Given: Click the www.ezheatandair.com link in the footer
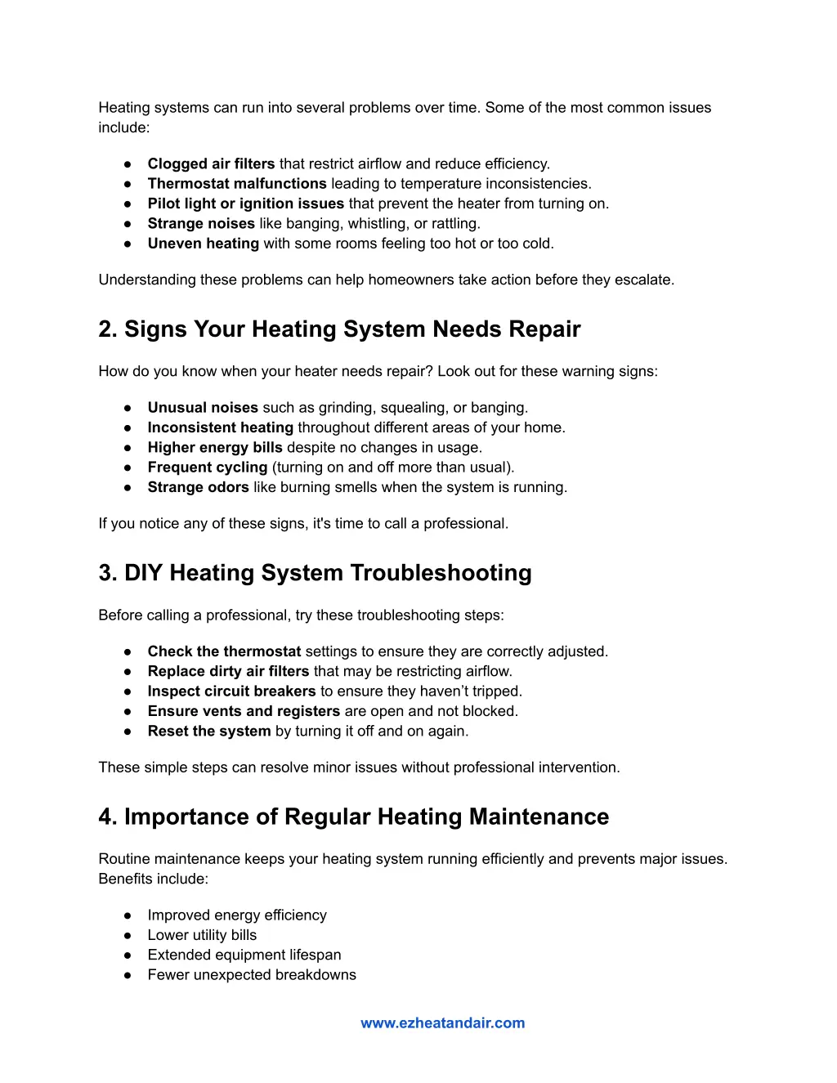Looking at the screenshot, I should [442, 1023].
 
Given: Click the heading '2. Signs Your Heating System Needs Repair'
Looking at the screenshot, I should [339, 329].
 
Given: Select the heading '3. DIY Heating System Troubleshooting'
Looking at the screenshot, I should [315, 573].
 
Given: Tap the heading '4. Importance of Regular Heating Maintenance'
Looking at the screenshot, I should [353, 817].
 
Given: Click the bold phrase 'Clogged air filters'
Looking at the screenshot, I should [211, 163].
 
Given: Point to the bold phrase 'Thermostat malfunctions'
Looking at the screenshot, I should [237, 184].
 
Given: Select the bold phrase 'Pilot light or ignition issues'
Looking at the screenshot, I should [245, 204].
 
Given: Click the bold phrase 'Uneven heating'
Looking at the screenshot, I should [203, 244].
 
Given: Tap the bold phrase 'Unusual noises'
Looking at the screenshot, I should [203, 407].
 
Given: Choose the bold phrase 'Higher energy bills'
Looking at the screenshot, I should [214, 447].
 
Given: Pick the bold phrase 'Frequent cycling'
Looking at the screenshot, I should [208, 468].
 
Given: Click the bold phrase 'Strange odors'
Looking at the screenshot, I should [198, 487].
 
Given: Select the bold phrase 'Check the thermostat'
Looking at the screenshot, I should [224, 651].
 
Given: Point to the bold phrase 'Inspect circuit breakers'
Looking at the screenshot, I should [231, 691].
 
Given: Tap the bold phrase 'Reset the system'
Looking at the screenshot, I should [208, 731].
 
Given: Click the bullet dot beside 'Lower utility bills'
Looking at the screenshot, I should [128, 935].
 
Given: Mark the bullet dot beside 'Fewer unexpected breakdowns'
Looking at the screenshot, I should [128, 975].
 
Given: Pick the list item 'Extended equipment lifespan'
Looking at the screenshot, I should [244, 955].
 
